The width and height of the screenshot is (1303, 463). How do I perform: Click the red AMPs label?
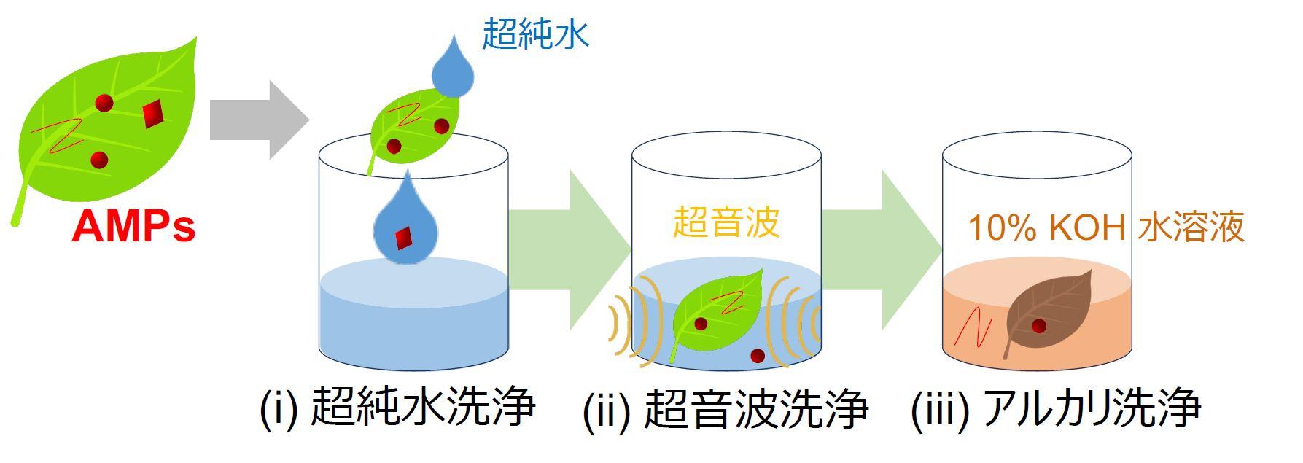click(x=133, y=226)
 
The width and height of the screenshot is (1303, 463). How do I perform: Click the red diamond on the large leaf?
click(x=152, y=114)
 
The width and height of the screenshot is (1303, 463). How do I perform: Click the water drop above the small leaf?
click(x=453, y=69)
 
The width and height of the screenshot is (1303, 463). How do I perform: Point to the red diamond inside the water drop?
click(x=403, y=237)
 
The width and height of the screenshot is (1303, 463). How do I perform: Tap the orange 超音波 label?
click(x=726, y=222)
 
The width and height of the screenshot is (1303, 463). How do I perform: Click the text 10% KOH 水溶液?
click(x=1105, y=228)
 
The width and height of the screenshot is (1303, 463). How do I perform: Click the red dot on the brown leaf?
click(x=1038, y=326)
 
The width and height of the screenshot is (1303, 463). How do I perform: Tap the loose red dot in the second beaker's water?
click(x=758, y=356)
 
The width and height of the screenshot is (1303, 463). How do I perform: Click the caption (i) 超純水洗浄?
click(x=398, y=408)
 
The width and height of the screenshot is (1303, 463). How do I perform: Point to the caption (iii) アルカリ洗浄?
click(x=1056, y=409)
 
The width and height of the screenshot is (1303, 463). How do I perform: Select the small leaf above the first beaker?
click(x=412, y=128)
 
